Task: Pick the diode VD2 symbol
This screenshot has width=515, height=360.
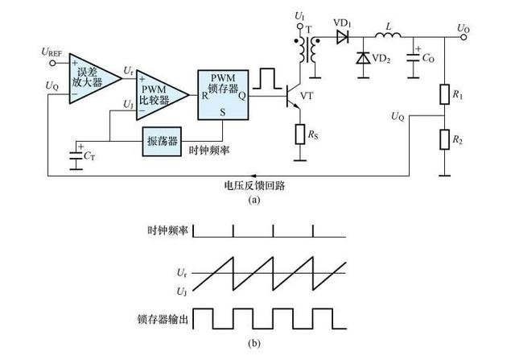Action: point(362,58)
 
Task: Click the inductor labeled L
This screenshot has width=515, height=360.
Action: point(388,36)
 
